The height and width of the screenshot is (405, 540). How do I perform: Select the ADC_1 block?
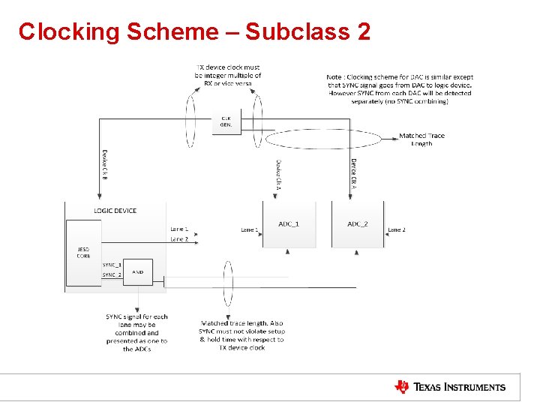coord(289,224)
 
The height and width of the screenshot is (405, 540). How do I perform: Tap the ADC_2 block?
coord(358,224)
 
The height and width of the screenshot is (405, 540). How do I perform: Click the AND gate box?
coord(138,271)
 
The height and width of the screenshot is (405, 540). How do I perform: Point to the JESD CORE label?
coord(83,253)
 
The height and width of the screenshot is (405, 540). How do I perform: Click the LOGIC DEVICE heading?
coord(115,211)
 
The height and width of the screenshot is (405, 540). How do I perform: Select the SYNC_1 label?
coord(112,265)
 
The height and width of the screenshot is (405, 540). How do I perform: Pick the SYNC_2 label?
coord(112,275)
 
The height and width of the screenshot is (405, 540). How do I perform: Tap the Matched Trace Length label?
coord(421,139)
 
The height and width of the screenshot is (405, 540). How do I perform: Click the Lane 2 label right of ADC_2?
coord(396,229)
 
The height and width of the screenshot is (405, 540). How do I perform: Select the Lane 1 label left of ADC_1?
coord(250,229)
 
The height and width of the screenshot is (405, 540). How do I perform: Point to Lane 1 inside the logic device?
coord(179,229)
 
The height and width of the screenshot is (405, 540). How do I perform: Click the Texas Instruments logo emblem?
coord(402,387)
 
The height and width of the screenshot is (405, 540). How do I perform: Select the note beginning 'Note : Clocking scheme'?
coord(400,88)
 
